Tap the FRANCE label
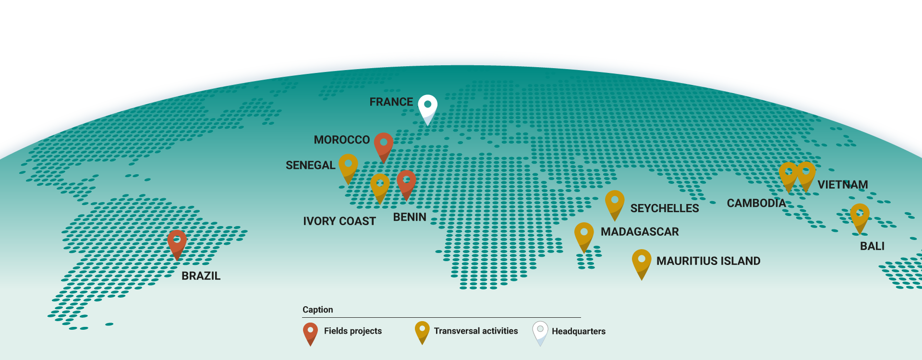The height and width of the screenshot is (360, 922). [x=391, y=102]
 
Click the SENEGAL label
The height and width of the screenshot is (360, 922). [x=310, y=166]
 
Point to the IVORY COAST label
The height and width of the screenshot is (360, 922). [x=339, y=221]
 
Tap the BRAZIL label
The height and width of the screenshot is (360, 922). [x=201, y=276]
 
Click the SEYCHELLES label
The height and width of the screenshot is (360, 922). [x=664, y=208]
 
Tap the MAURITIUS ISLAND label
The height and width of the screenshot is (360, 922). [x=708, y=261]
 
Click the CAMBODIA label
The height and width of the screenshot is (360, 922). [x=756, y=204]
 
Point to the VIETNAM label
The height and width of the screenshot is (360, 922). [x=842, y=185]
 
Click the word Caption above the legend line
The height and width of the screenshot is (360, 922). [x=317, y=310]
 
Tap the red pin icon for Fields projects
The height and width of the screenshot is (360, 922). [x=310, y=332]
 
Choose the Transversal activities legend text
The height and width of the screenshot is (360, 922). [x=476, y=331]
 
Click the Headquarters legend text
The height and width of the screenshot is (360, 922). [x=578, y=331]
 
